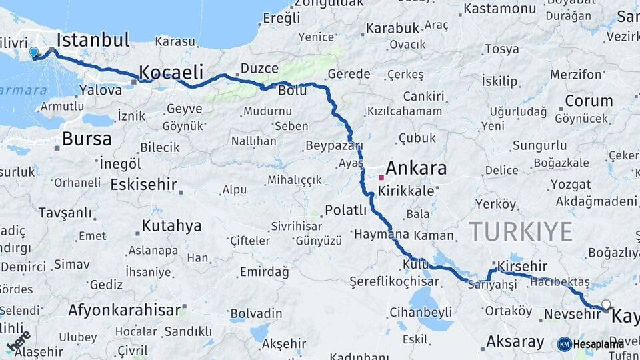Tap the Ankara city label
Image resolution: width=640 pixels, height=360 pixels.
point(416,167)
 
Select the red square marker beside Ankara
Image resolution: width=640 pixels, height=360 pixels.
point(381,177)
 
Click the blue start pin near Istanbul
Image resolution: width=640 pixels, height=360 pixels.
point(34,52)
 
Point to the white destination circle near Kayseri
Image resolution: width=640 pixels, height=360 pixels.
point(605,305)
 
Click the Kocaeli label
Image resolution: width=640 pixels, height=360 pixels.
point(170,73)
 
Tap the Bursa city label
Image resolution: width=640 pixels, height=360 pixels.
point(87,139)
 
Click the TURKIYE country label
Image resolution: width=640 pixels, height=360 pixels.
point(521,231)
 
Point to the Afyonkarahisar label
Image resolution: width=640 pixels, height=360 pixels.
point(125,310)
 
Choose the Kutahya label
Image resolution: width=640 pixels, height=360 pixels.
point(171,225)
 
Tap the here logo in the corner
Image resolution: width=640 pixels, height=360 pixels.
point(18,341)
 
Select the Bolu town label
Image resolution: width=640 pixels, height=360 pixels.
point(293,90)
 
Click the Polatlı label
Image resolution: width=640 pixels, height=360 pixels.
point(345,211)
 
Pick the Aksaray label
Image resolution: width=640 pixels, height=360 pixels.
point(515,342)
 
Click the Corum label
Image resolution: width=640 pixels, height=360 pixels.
point(589,101)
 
